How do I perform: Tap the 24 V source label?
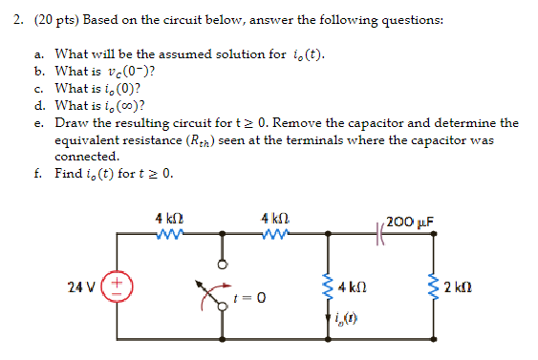[81, 286]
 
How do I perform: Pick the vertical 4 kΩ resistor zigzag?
[331, 285]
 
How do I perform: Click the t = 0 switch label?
[247, 298]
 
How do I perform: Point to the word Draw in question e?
[72, 123]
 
